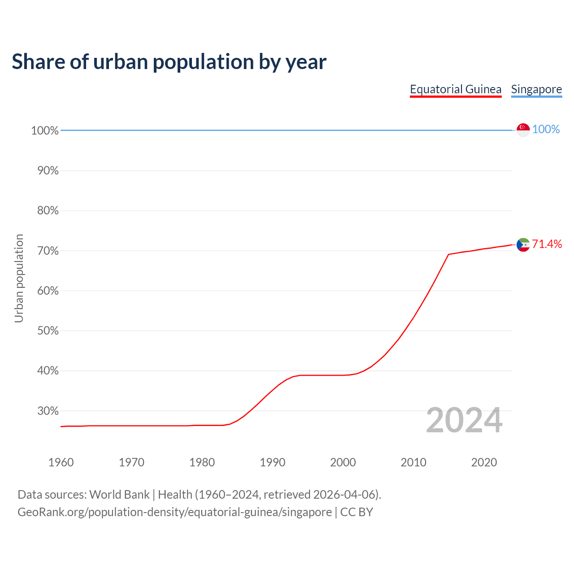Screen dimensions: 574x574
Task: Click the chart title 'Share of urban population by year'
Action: pyautogui.click(x=169, y=62)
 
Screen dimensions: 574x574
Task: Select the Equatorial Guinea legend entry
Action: pyautogui.click(x=456, y=89)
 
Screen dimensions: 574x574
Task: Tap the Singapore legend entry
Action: pyautogui.click(x=536, y=89)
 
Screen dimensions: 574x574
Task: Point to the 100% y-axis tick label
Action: pyautogui.click(x=45, y=130)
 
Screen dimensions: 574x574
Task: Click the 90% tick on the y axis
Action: pyautogui.click(x=48, y=171)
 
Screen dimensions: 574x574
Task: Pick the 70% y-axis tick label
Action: pyautogui.click(x=48, y=251)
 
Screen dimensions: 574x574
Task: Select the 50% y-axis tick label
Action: pyautogui.click(x=48, y=331)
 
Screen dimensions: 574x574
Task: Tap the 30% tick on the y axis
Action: pyautogui.click(x=48, y=411)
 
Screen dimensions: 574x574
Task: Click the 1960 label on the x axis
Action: pyautogui.click(x=61, y=462)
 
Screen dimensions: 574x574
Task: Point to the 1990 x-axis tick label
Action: pyautogui.click(x=273, y=462)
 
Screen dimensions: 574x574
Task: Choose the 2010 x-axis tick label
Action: pyautogui.click(x=413, y=462)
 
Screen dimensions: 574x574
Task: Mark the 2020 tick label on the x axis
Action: pyautogui.click(x=484, y=462)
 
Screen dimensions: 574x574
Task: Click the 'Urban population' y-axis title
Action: pyautogui.click(x=19, y=278)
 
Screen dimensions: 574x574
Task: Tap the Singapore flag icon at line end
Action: pyautogui.click(x=523, y=130)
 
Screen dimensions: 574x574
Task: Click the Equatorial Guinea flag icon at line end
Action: pyautogui.click(x=523, y=245)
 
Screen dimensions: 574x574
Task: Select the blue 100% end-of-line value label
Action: pyautogui.click(x=546, y=130)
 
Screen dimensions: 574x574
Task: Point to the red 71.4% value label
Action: pyautogui.click(x=547, y=244)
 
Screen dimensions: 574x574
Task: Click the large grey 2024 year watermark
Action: pyautogui.click(x=464, y=420)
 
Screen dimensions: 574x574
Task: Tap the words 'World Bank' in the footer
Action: pyautogui.click(x=119, y=495)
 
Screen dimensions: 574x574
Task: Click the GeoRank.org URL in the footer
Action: pyautogui.click(x=174, y=512)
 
